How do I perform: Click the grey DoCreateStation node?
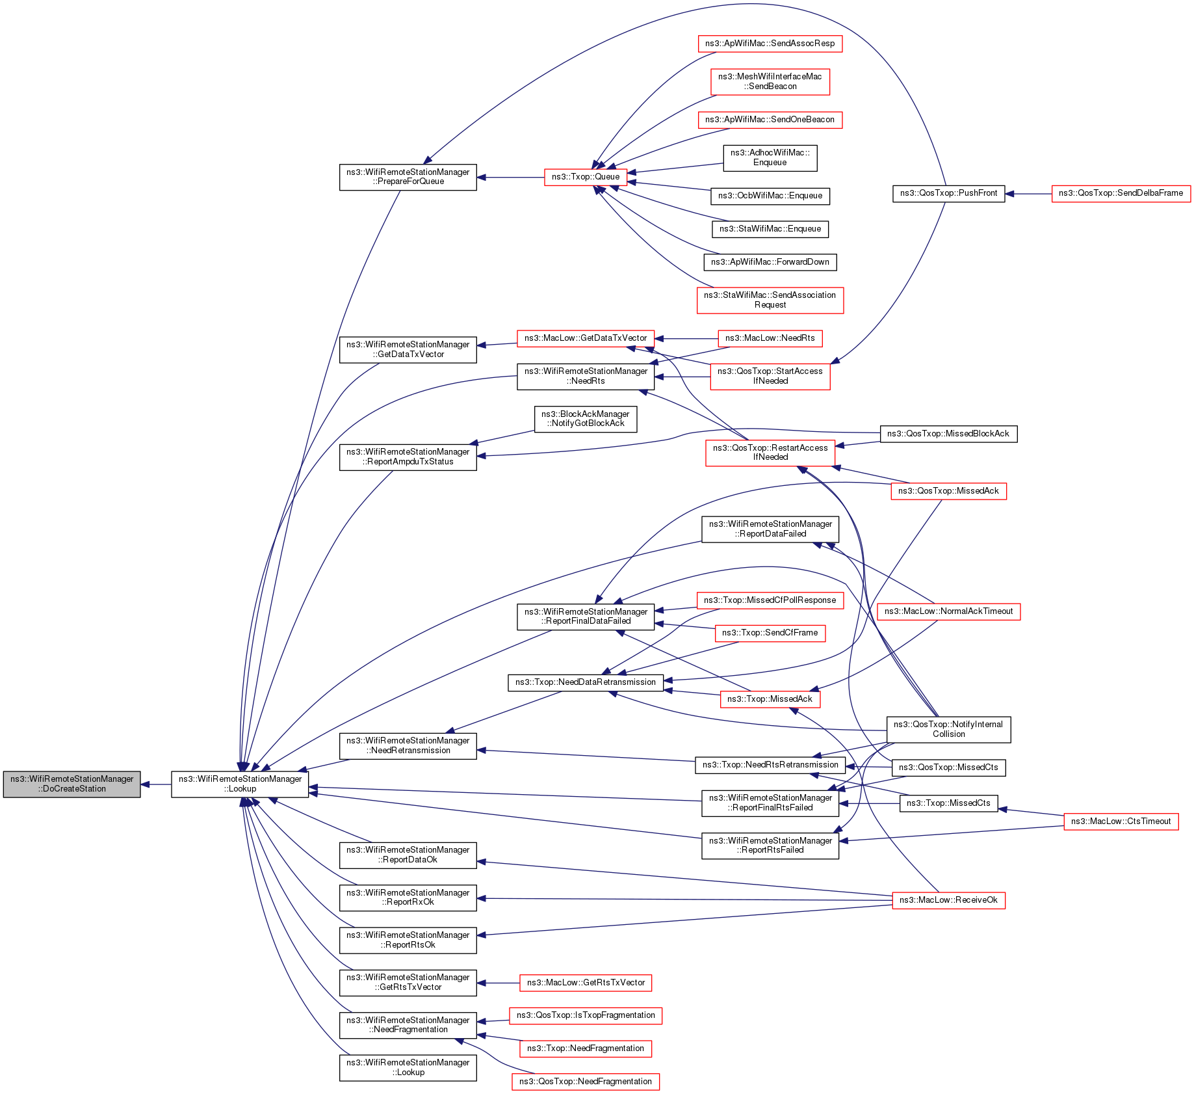pyautogui.click(x=71, y=784)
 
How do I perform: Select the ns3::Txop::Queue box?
pyautogui.click(x=586, y=177)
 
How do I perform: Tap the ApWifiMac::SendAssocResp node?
pyautogui.click(x=770, y=44)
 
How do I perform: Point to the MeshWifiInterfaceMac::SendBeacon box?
pyautogui.click(x=770, y=81)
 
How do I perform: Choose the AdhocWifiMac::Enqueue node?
pyautogui.click(x=770, y=157)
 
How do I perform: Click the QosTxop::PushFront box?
pyautogui.click(x=948, y=193)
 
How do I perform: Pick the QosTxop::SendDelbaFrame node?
pyautogui.click(x=1121, y=193)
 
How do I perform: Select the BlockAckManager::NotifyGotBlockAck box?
pyautogui.click(x=585, y=419)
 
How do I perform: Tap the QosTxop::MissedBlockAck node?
pyautogui.click(x=948, y=434)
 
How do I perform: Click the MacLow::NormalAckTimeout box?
pyautogui.click(x=948, y=611)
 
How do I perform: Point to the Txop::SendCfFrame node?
pyautogui.click(x=770, y=633)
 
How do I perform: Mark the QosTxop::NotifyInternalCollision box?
pyautogui.click(x=948, y=729)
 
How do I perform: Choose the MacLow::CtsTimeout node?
pyautogui.click(x=1121, y=821)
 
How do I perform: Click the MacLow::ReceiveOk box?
pyautogui.click(x=948, y=900)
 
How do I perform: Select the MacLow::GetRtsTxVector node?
pyautogui.click(x=586, y=983)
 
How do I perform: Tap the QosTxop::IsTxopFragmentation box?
pyautogui.click(x=586, y=1015)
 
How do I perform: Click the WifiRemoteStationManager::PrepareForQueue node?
pyautogui.click(x=408, y=177)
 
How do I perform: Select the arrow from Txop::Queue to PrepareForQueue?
pyautogui.click(x=510, y=177)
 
